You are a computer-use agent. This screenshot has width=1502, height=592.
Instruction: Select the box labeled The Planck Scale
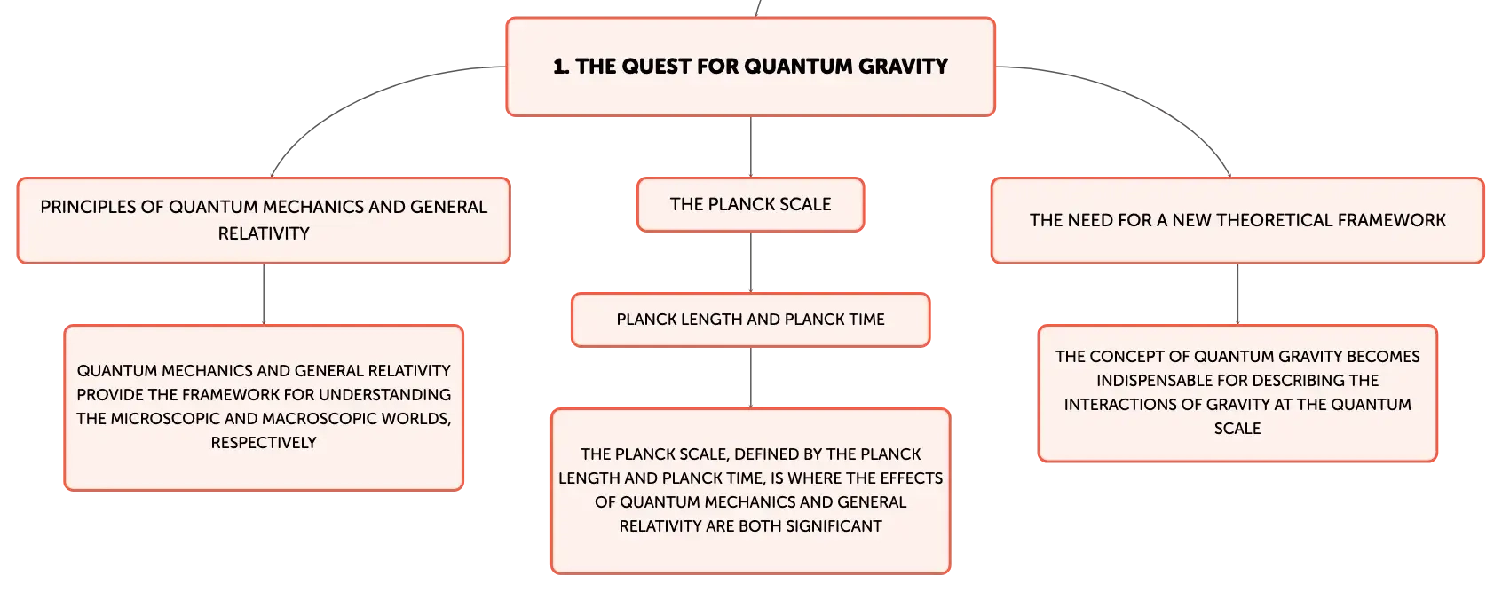pyautogui.click(x=750, y=205)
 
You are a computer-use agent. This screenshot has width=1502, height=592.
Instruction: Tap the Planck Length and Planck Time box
pyautogui.click(x=750, y=320)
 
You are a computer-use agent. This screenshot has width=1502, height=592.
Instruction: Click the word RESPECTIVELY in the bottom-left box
pyautogui.click(x=264, y=443)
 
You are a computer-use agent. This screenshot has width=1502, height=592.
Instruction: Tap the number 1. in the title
pyautogui.click(x=561, y=67)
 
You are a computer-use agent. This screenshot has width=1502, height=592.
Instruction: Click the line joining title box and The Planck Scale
pyautogui.click(x=751, y=146)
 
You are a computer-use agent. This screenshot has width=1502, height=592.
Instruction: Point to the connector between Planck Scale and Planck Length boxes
pyautogui.click(x=751, y=263)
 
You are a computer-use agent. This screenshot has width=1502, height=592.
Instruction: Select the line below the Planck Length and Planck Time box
pyautogui.click(x=751, y=377)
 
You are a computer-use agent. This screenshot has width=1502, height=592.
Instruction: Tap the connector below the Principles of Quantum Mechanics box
pyautogui.click(x=265, y=296)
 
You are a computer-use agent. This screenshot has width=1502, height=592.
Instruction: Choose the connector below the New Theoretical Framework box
pyautogui.click(x=1237, y=294)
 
